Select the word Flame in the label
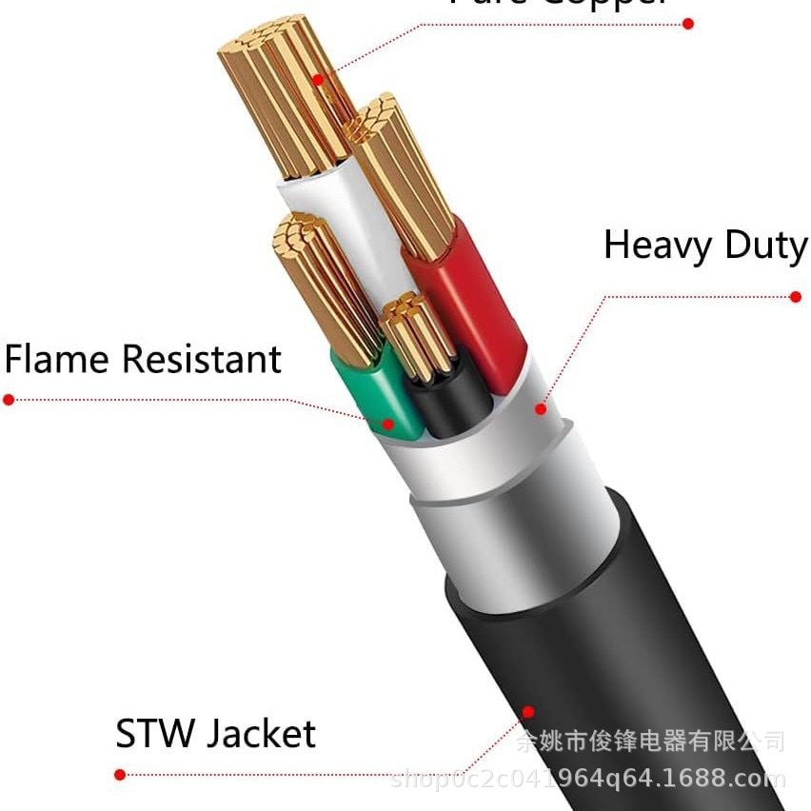(x=58, y=360)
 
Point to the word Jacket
(x=261, y=735)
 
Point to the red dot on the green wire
(x=388, y=425)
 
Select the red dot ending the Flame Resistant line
(x=9, y=400)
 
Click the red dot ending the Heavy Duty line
(x=796, y=297)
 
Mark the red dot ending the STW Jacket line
(x=120, y=775)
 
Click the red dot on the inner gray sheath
(x=541, y=409)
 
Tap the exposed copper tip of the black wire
(x=417, y=333)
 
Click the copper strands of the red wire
(x=405, y=181)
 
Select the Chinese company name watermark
(x=650, y=741)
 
